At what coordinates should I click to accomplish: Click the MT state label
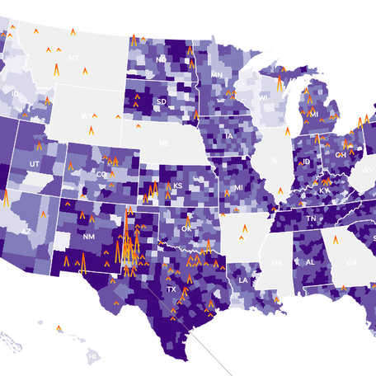[x=74, y=58]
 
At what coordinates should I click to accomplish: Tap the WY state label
[x=87, y=116]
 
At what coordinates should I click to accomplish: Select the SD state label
[x=161, y=101]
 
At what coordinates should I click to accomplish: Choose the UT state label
[x=34, y=165]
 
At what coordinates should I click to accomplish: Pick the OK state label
[x=186, y=227]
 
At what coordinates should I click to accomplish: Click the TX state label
[x=172, y=290]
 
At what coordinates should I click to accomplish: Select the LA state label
[x=244, y=280]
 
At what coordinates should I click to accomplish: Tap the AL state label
[x=311, y=262]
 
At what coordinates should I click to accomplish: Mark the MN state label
[x=217, y=75]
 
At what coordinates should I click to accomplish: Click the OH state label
[x=339, y=154]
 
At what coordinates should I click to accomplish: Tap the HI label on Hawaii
[x=93, y=355]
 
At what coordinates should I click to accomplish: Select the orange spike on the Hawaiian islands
[x=59, y=329]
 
